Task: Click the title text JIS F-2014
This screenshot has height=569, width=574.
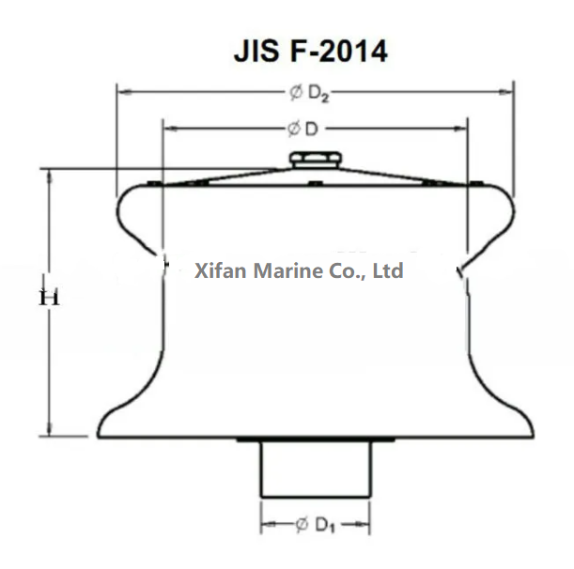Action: pos(309,51)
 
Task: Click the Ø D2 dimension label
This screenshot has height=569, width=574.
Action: pos(311,92)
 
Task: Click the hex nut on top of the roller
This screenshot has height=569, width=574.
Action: pos(309,160)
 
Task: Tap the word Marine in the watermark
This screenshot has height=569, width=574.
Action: pos(275,271)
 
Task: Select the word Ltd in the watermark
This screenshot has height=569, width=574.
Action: pos(388,271)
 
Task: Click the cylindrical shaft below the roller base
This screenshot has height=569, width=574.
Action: pos(315,469)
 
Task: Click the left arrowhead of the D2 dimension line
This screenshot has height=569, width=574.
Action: pos(120,92)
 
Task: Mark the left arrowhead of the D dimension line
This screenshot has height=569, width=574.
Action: pos(167,126)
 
